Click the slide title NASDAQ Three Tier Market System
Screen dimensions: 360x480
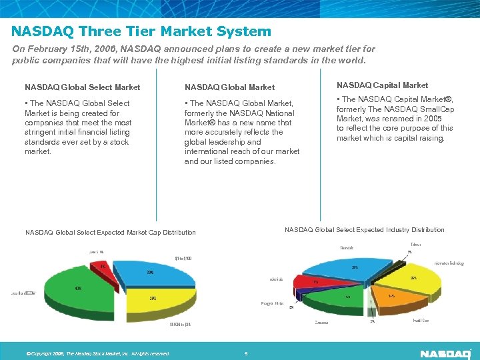[x=141, y=31]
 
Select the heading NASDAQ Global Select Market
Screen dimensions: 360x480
[x=83, y=87]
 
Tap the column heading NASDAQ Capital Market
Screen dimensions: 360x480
[x=382, y=85]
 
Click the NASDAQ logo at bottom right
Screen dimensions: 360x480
[x=445, y=353]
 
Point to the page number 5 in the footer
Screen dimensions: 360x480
[x=246, y=353]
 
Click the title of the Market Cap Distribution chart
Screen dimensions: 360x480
[x=111, y=233]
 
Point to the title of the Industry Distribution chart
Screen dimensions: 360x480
[x=364, y=230]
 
